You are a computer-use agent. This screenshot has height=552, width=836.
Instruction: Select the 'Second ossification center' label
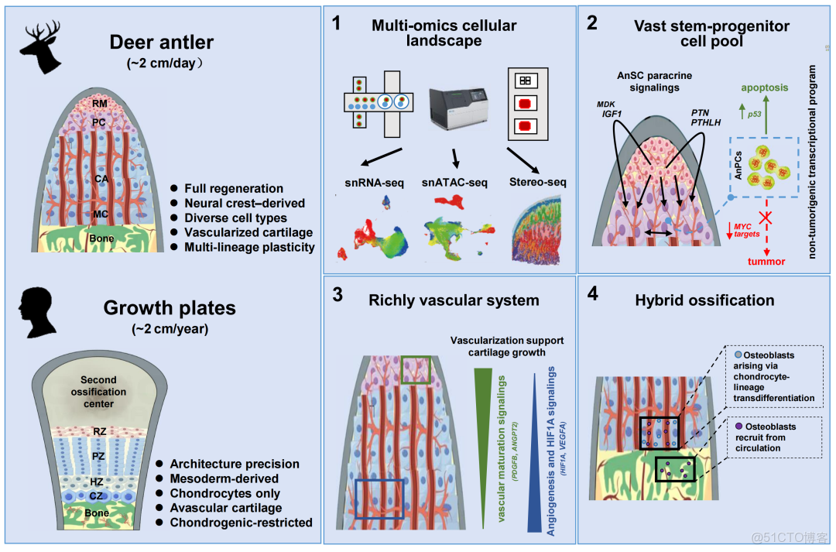pyautogui.click(x=98, y=392)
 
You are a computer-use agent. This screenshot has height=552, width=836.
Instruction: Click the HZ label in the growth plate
pyautogui.click(x=97, y=481)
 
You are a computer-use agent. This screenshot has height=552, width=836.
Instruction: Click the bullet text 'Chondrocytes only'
pyautogui.click(x=223, y=493)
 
